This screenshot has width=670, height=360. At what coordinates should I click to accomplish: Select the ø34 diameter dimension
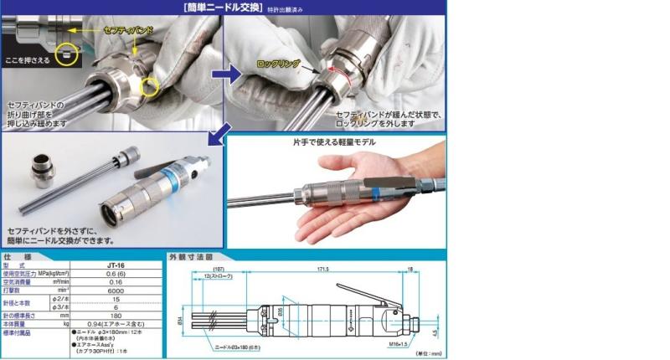point(178,318)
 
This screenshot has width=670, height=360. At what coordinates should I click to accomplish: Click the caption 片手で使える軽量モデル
point(333,142)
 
